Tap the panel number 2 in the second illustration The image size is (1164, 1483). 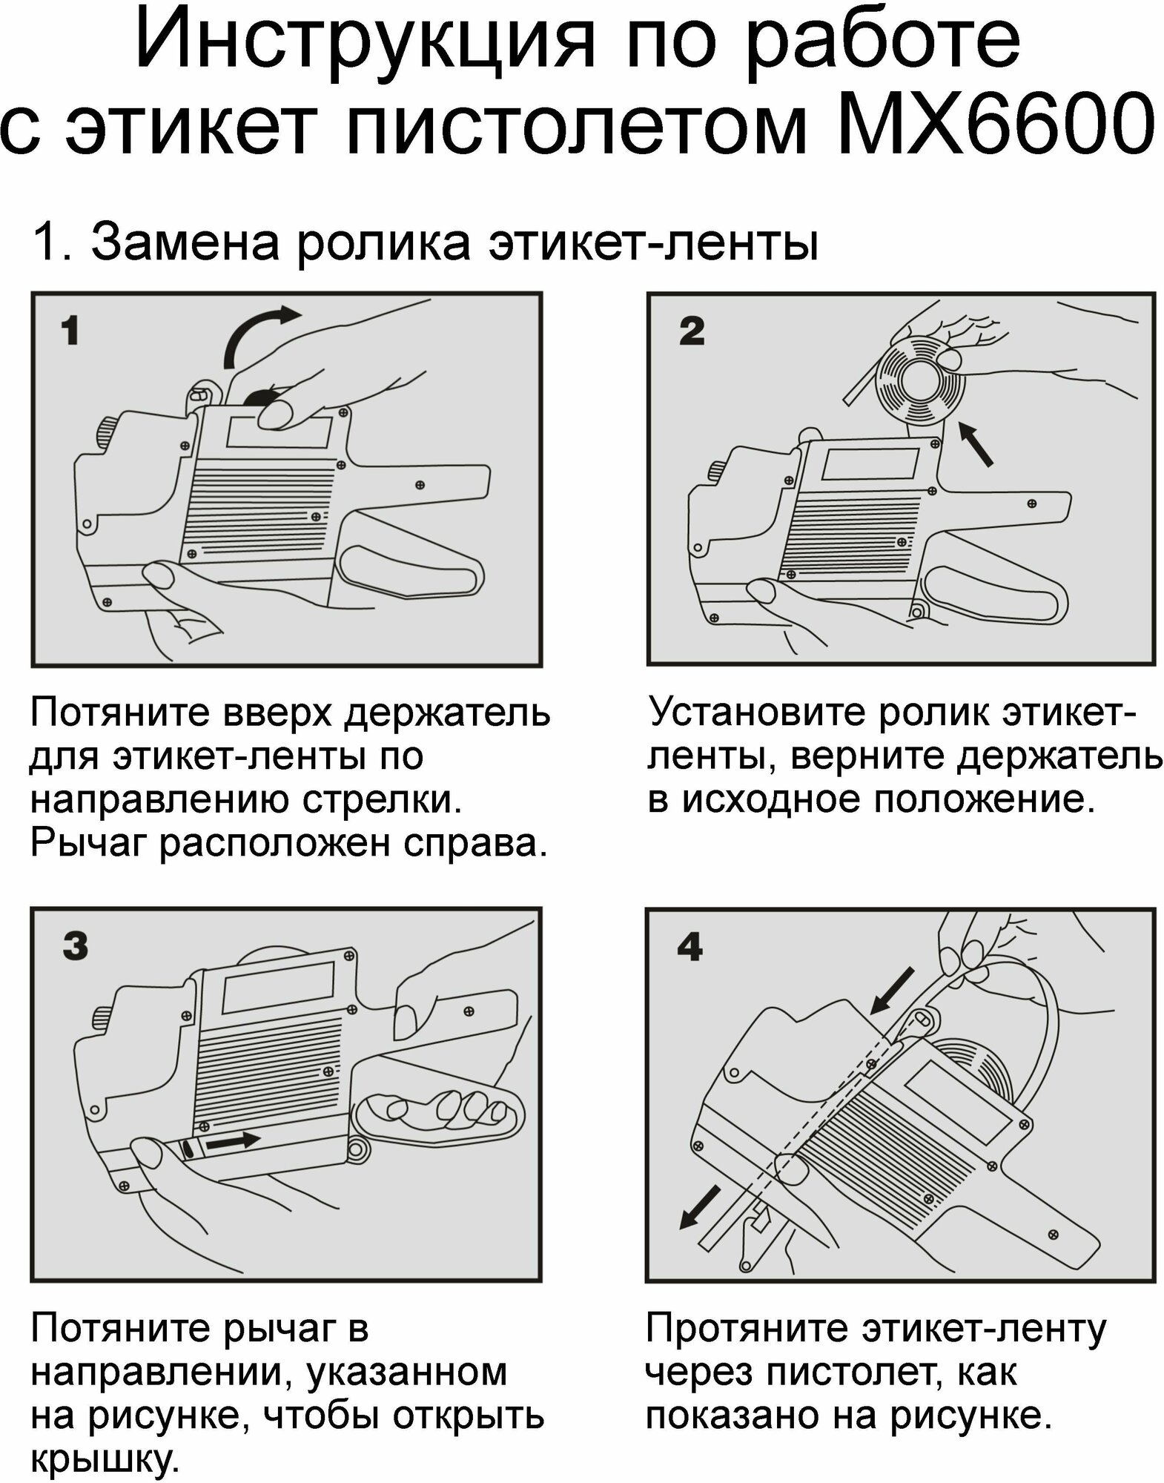coord(691,331)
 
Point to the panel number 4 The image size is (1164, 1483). coord(690,947)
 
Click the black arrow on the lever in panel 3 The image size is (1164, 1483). coord(231,1142)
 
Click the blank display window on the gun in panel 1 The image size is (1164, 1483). coord(278,432)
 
